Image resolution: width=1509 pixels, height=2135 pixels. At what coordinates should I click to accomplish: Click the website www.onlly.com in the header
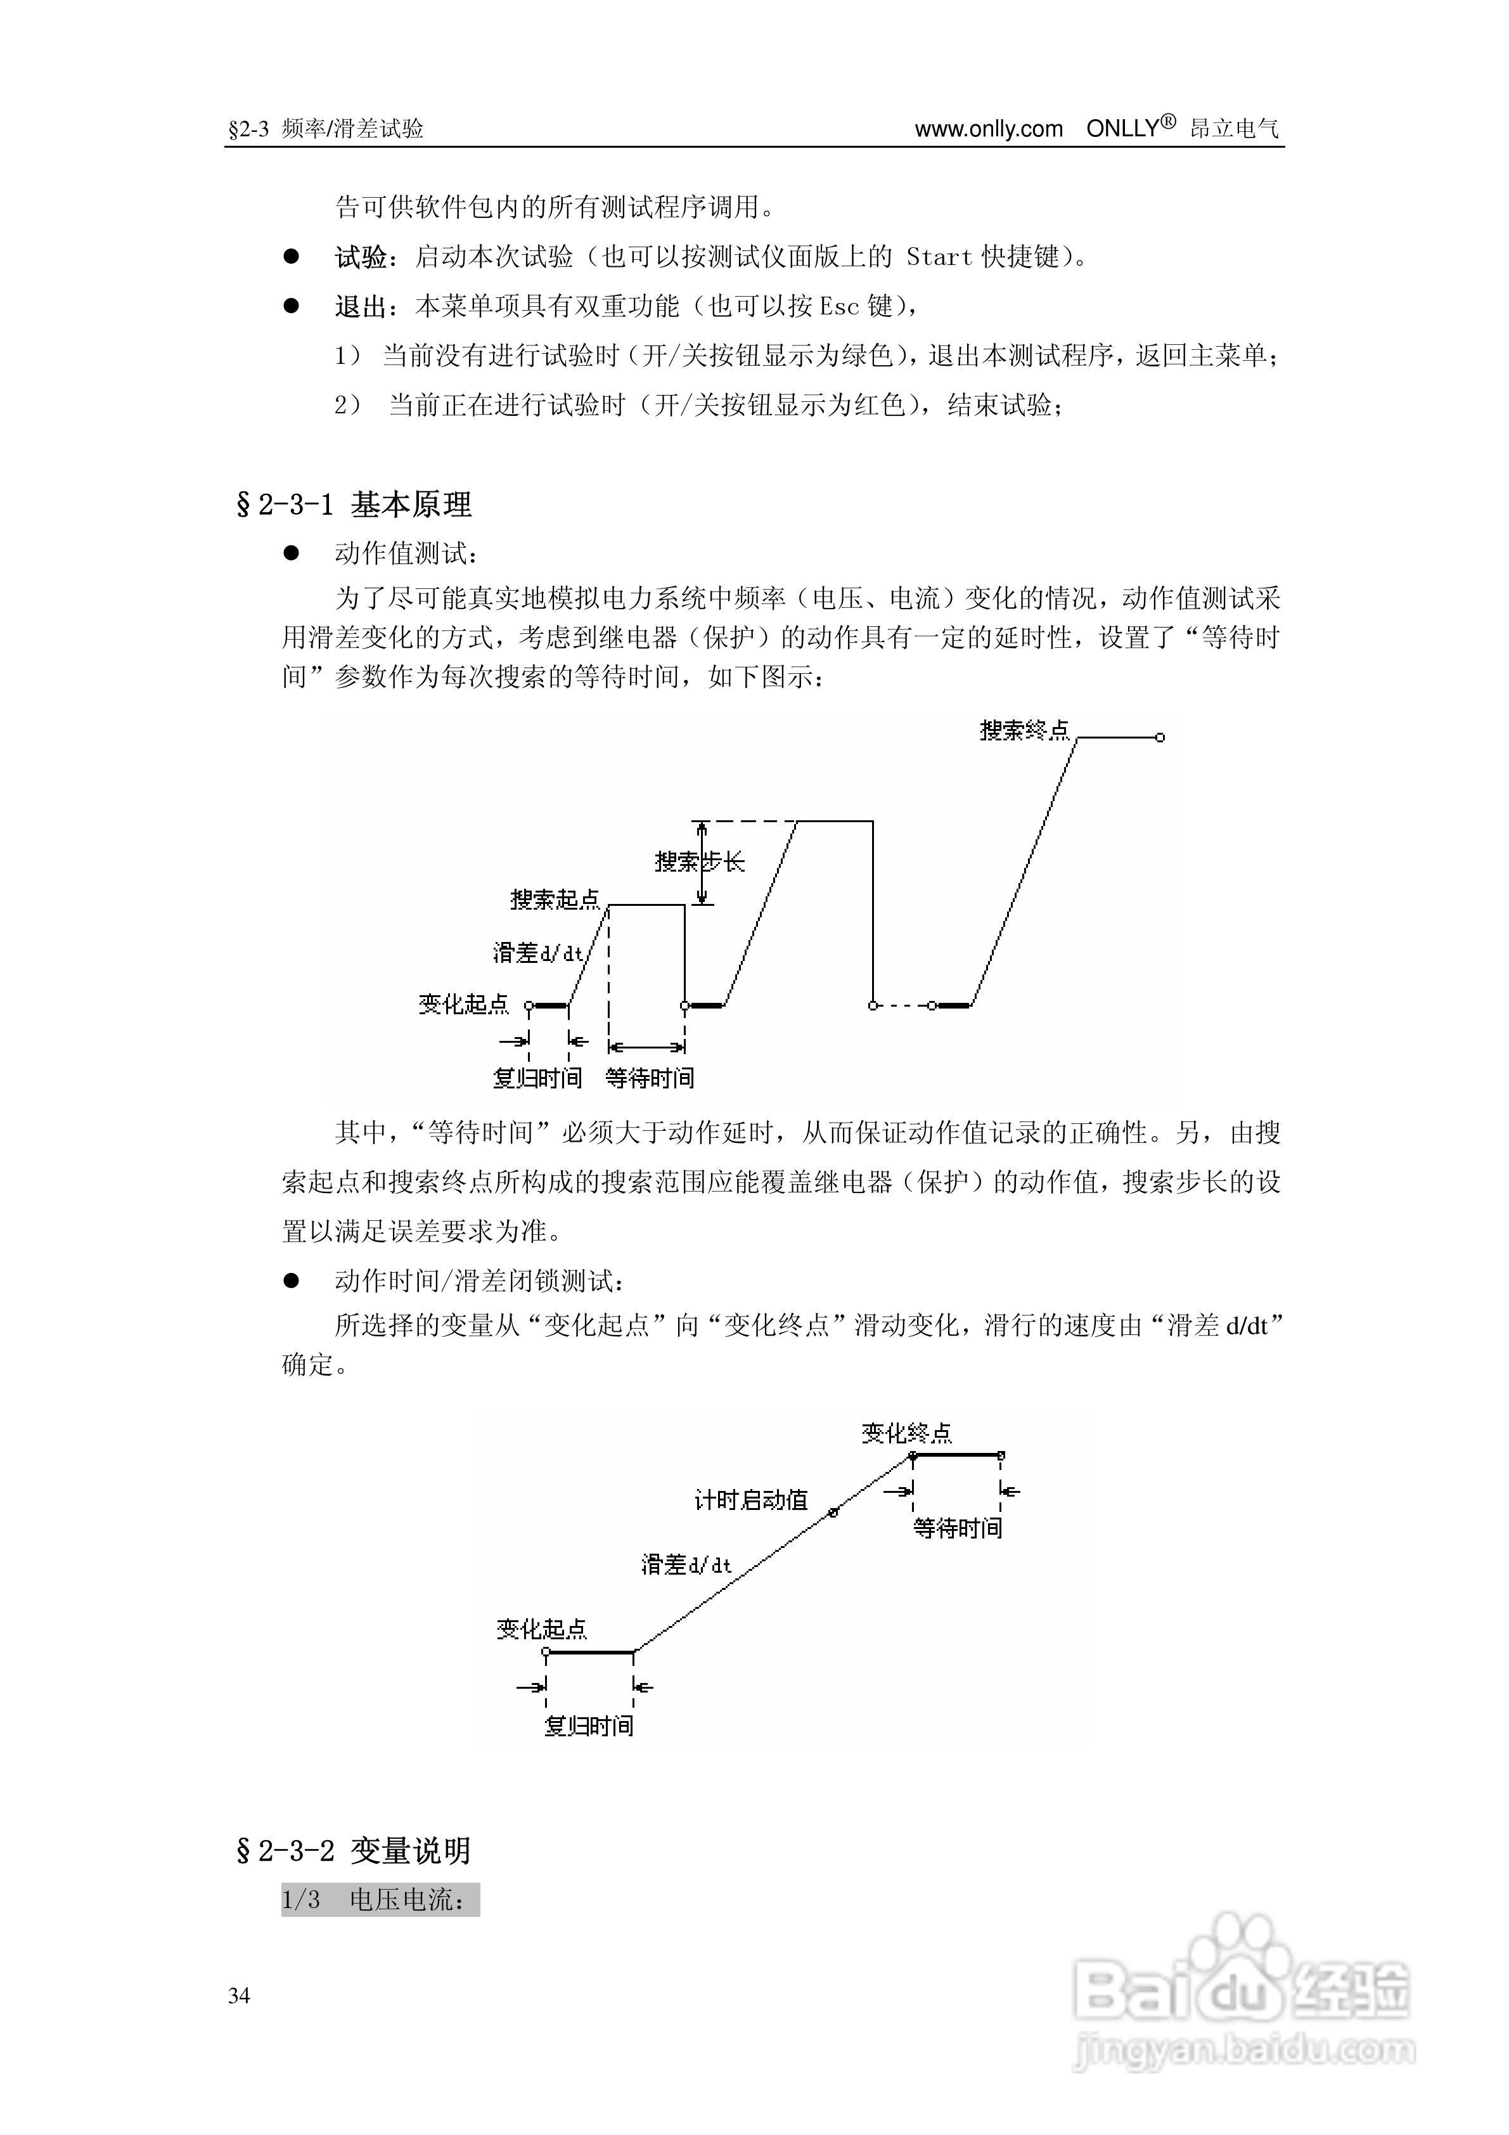point(988,129)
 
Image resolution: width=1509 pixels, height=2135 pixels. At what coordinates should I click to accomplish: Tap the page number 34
point(239,1996)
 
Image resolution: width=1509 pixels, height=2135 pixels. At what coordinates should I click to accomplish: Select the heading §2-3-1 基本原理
point(354,505)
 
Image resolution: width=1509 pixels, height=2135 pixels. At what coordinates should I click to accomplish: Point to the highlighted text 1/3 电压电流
point(380,1900)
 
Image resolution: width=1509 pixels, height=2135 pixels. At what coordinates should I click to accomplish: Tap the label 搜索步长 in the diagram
point(699,862)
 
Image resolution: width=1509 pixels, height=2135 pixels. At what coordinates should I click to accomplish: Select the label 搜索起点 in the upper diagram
point(555,899)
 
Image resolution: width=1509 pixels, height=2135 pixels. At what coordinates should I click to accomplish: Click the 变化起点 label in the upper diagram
point(463,1004)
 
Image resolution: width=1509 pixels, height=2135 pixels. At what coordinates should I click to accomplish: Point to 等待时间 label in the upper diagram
point(649,1078)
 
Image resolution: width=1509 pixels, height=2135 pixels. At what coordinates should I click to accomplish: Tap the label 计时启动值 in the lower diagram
point(751,1500)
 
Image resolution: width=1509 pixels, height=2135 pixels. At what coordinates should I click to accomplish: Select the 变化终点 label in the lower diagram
point(906,1433)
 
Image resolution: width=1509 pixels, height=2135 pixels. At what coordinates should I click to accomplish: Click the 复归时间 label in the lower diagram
point(589,1726)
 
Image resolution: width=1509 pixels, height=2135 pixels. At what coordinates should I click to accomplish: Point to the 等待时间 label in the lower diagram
point(958,1528)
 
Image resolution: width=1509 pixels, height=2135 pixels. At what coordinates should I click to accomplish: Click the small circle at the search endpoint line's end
point(1159,737)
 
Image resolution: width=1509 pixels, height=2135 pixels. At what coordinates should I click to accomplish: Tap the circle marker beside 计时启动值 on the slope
point(833,1513)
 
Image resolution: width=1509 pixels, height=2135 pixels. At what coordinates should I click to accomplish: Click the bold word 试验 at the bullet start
point(361,257)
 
